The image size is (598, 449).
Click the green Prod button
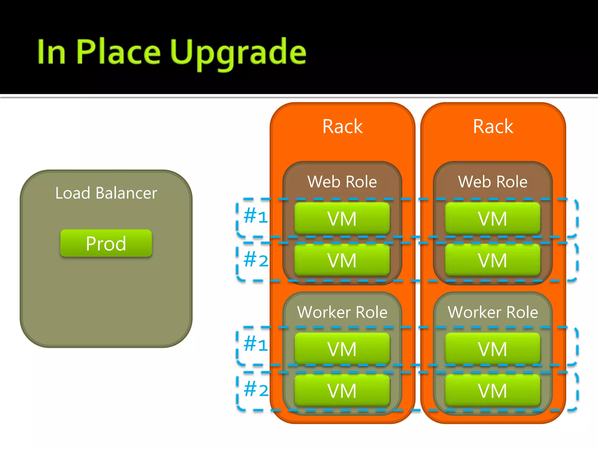click(106, 243)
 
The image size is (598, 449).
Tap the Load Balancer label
click(106, 193)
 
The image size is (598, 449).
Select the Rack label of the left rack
click(343, 126)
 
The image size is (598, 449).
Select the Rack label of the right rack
click(493, 126)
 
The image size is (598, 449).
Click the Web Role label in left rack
click(342, 182)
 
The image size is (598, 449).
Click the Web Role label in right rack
click(493, 182)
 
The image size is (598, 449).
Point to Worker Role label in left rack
click(342, 312)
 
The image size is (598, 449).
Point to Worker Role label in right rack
click(493, 312)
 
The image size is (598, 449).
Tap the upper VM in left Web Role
click(342, 219)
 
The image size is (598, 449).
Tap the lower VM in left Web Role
click(342, 260)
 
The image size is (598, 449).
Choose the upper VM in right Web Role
click(493, 219)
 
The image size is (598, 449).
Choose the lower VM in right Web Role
click(493, 260)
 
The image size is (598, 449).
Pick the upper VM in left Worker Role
click(342, 349)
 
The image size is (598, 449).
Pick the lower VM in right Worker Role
click(493, 391)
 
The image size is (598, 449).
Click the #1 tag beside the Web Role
click(256, 216)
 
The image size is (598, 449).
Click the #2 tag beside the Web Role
click(256, 260)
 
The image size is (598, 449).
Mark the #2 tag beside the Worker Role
click(256, 390)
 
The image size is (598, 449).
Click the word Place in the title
click(118, 52)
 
